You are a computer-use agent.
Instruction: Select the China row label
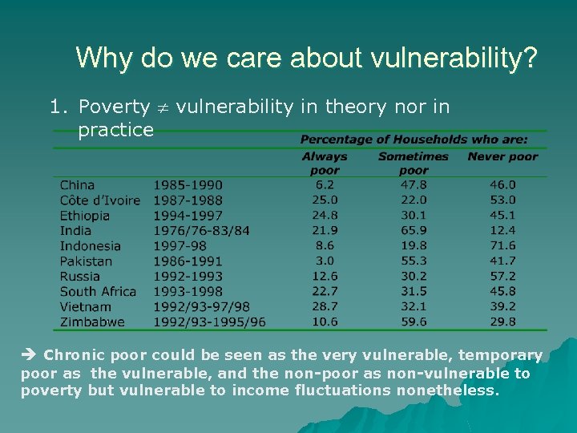[77, 184]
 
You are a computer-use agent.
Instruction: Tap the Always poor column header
[325, 163]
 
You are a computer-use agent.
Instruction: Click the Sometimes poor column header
[414, 163]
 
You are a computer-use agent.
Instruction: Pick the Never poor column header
[502, 156]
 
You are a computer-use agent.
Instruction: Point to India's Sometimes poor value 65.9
[414, 230]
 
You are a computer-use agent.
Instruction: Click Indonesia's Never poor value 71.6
[502, 245]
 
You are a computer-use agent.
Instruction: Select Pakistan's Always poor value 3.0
[325, 261]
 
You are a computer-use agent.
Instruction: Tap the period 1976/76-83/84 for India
[201, 230]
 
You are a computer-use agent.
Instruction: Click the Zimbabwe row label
[92, 322]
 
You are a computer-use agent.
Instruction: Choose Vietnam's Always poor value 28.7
[325, 306]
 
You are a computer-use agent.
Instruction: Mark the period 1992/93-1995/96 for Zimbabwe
[209, 322]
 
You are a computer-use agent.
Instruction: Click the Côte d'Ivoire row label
[99, 200]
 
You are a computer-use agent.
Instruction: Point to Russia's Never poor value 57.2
[502, 276]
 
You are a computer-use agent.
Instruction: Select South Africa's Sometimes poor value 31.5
[414, 291]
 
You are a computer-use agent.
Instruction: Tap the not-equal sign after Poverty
[163, 107]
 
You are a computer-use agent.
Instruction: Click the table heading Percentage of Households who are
[414, 140]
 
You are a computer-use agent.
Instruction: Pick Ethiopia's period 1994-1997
[188, 215]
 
